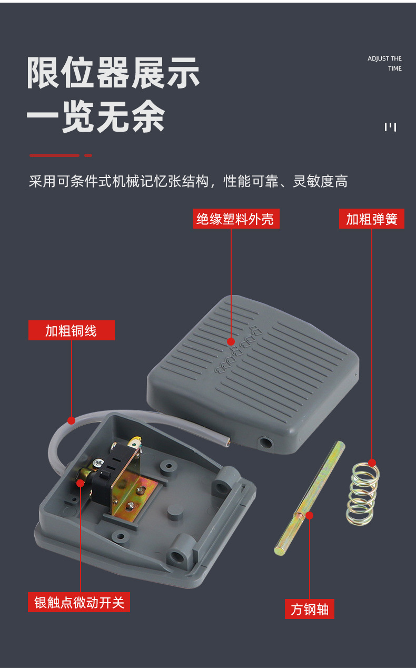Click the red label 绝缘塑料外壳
pos(236,219)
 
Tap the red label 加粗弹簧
pos(372,219)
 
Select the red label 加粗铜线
pos(72,330)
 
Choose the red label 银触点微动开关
pos(79,602)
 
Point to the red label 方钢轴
pos(309,609)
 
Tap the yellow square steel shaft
pos(310,498)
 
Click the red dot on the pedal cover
pos(231,342)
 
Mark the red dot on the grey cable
pos(71,420)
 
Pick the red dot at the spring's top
pos(372,463)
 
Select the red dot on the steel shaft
pos(309,515)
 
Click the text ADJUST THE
pos(384,58)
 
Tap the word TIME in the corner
pos(395,68)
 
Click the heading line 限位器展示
pos(113,73)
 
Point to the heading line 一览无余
pos(96,116)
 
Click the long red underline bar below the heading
pos(55,155)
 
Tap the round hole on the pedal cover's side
pos(265,443)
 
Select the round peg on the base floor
pos(175,512)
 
